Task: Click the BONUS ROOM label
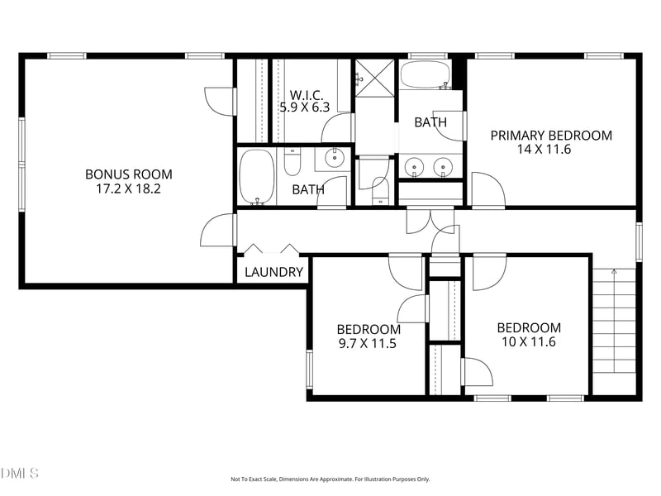pos(129,174)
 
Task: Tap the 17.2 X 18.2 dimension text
pos(129,188)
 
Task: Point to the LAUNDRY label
pos(274,272)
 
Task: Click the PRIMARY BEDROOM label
pos(551,136)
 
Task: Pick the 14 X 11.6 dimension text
pos(544,150)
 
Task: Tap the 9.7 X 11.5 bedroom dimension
pos(368,343)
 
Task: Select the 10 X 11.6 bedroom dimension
pos(529,341)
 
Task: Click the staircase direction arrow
pos(614,321)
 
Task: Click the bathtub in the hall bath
pos(257,177)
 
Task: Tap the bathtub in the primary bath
pos(426,75)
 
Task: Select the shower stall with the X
pos(375,79)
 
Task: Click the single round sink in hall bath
pos(335,158)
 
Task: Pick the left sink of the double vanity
pos(414,167)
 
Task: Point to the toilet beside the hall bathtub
pos(292,161)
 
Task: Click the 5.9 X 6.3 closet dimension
pos(305,107)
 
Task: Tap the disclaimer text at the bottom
pos(330,479)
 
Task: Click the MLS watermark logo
pos(19,473)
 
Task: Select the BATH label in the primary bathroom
pos(430,122)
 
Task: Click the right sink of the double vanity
pos(443,167)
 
